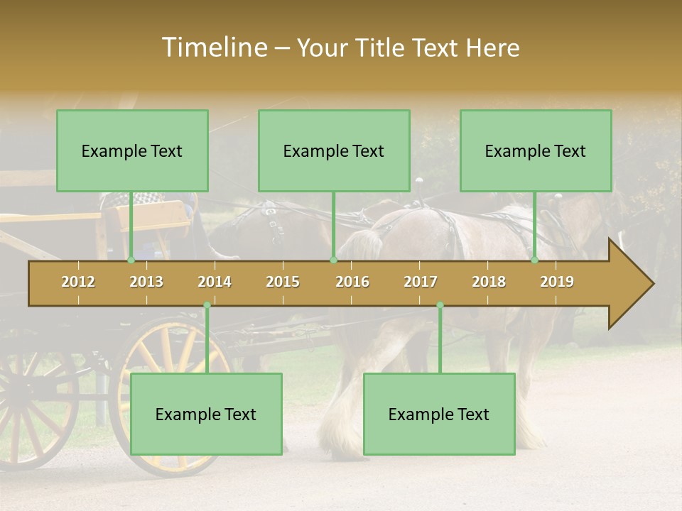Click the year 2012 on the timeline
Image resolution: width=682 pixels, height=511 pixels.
click(78, 282)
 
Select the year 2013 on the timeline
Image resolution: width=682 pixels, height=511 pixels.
click(146, 282)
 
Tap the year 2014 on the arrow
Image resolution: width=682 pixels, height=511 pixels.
click(215, 282)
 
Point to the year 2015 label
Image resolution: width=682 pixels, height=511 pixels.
click(283, 282)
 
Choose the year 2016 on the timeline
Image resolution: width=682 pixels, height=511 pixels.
click(352, 282)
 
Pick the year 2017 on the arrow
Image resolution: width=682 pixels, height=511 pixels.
click(421, 282)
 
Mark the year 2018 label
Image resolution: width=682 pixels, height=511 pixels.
click(489, 282)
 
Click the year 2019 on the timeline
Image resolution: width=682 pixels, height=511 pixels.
click(557, 282)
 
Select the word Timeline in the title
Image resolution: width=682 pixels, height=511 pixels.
click(212, 48)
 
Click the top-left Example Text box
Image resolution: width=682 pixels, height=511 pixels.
click(132, 150)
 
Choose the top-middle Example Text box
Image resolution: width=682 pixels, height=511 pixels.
click(334, 150)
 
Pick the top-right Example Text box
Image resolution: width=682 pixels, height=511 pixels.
click(536, 150)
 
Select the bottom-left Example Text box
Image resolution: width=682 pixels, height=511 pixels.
click(206, 414)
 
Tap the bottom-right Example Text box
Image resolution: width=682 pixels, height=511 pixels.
click(439, 414)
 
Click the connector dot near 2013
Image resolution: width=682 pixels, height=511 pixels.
click(131, 260)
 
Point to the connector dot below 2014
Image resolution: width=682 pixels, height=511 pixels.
click(207, 305)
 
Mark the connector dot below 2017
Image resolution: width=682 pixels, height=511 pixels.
click(440, 305)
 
